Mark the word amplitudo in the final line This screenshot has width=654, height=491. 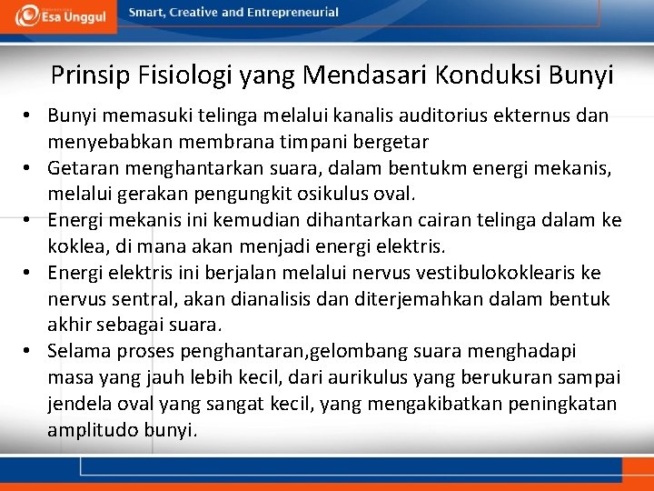pos(93,430)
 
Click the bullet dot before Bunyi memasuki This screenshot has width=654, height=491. pos(30,116)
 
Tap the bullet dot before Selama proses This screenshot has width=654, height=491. pos(30,351)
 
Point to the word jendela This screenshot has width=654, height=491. pos(79,404)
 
